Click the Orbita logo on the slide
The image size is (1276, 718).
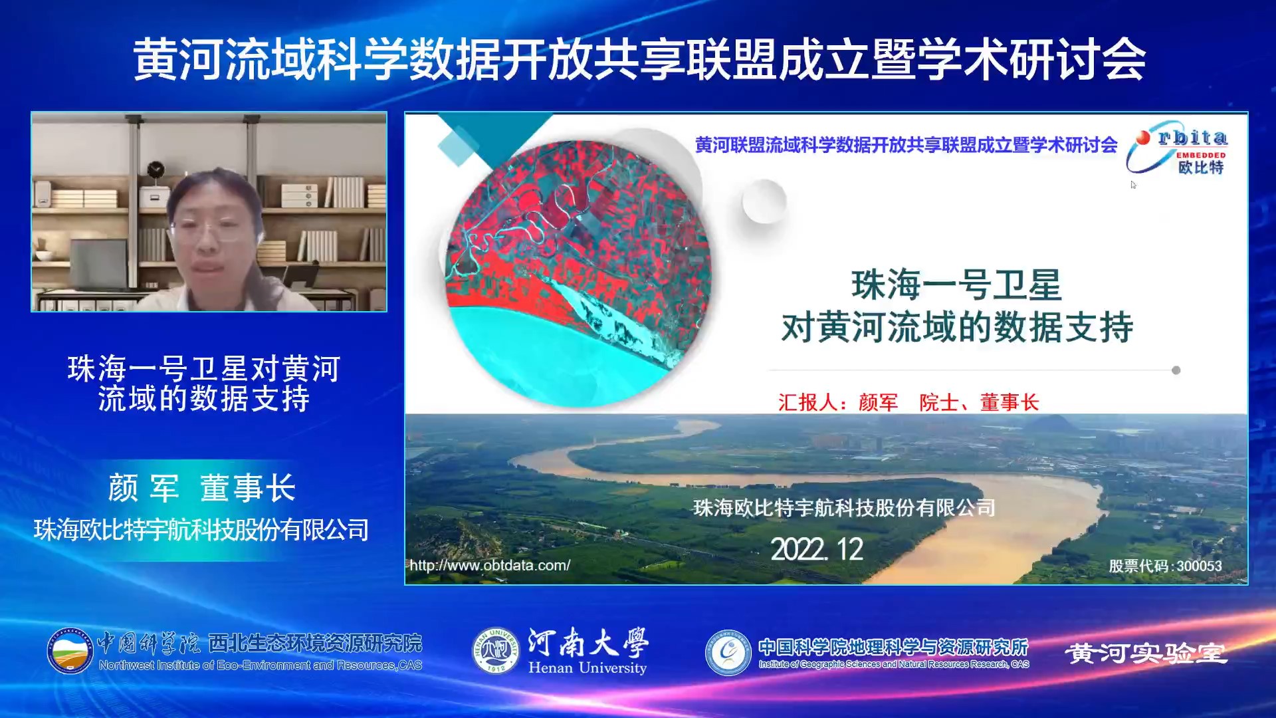tap(1177, 148)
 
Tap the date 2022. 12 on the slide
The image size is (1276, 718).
tap(817, 550)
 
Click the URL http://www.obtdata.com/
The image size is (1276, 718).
tap(490, 565)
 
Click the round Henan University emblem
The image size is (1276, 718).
tap(496, 650)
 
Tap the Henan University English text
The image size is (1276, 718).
tap(587, 667)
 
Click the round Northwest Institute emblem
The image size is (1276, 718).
tap(70, 651)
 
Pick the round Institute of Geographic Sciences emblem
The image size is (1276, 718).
tap(728, 652)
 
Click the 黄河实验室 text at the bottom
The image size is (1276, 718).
tap(1146, 654)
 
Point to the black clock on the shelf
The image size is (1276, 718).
tap(156, 171)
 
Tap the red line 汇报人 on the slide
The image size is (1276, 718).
tap(908, 402)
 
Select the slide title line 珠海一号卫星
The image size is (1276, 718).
tap(956, 285)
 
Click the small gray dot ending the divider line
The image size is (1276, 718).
tap(1176, 370)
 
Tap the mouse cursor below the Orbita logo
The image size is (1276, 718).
tap(1133, 185)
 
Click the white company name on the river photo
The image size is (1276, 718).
tap(844, 508)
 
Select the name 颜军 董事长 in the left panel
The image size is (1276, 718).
tap(202, 488)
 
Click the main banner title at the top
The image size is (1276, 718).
tap(639, 60)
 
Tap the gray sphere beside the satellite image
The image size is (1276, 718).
tap(764, 201)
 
